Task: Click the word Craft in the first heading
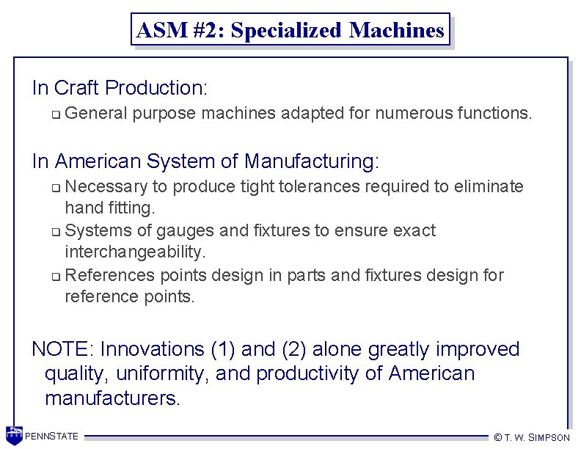[77, 88]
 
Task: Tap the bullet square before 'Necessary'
[57, 187]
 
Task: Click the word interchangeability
[135, 252]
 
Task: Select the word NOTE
[62, 348]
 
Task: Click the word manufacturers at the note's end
[112, 398]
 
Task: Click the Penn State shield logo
[14, 435]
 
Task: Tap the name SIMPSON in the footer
[549, 437]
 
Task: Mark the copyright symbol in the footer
[498, 437]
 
